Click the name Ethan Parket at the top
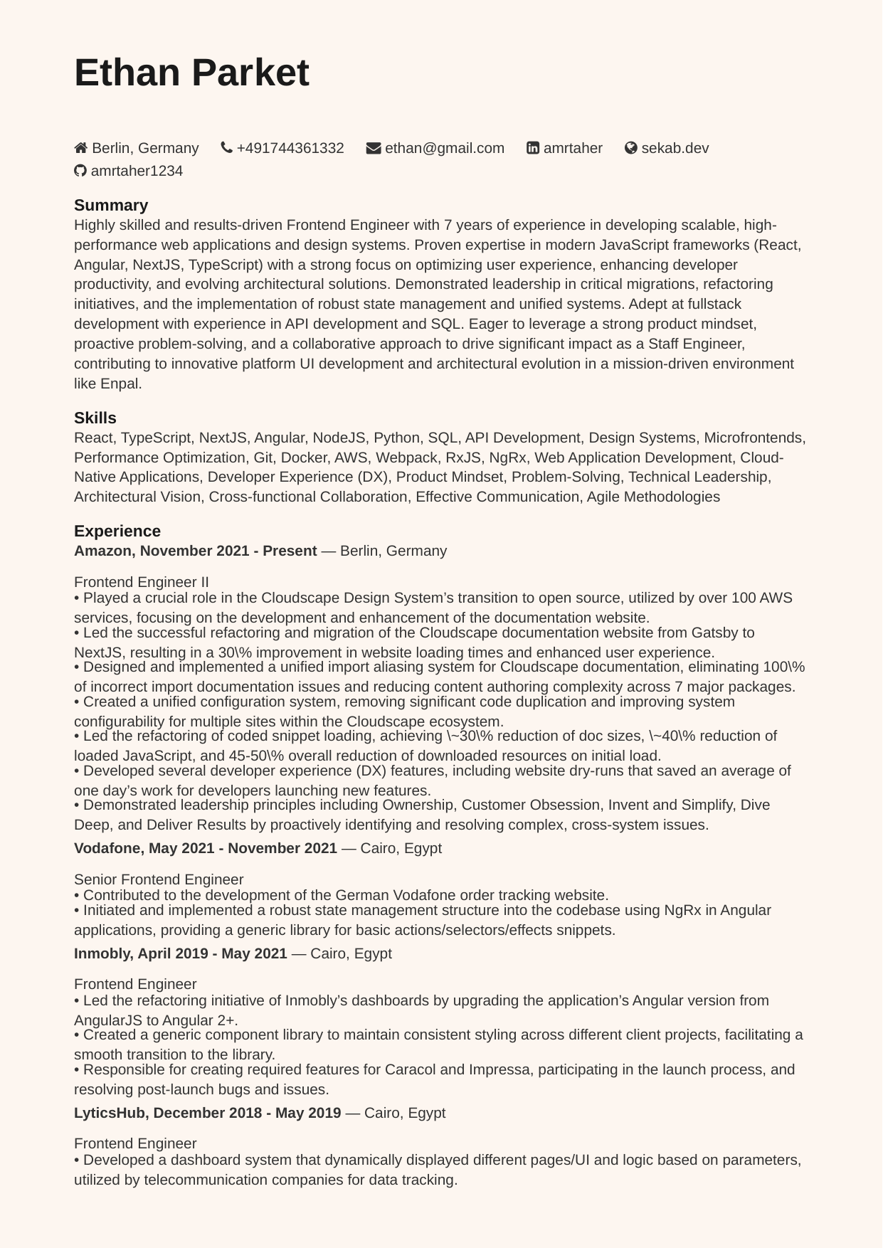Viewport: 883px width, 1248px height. pyautogui.click(x=191, y=73)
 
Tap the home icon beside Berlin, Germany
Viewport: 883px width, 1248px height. pyautogui.click(x=81, y=148)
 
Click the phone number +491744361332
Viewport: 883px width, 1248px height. pyautogui.click(x=290, y=148)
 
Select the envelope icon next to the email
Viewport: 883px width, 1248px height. pyautogui.click(x=374, y=148)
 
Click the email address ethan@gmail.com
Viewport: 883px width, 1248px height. pyautogui.click(x=445, y=148)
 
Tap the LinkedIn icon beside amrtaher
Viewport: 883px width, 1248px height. pyautogui.click(x=533, y=148)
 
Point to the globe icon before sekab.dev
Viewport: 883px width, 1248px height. pyautogui.click(x=631, y=148)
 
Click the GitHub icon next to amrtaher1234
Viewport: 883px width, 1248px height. pyautogui.click(x=80, y=171)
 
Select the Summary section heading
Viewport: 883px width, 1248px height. pyautogui.click(x=111, y=205)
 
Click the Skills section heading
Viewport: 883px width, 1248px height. pyautogui.click(x=95, y=418)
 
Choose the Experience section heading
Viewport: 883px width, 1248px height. pyautogui.click(x=117, y=531)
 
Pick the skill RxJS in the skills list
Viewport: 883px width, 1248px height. pyautogui.click(x=463, y=458)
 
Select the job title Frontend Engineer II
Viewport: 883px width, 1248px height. pyautogui.click(x=142, y=582)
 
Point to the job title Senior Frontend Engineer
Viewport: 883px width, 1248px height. pyautogui.click(x=159, y=879)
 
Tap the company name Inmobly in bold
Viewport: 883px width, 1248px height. pyautogui.click(x=102, y=953)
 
